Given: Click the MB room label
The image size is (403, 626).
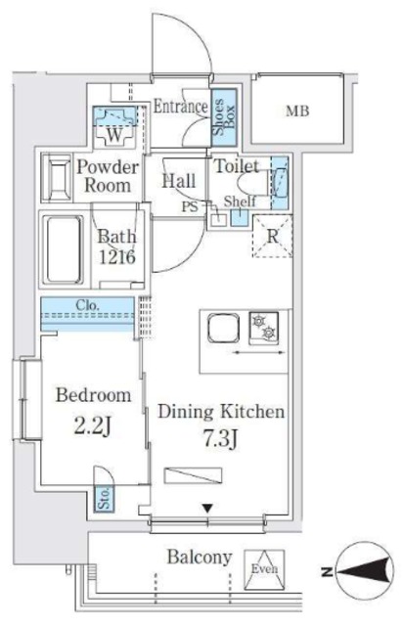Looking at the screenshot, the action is [297, 112].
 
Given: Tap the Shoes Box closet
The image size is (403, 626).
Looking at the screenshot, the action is [224, 117].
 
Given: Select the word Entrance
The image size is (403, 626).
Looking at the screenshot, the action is [181, 107].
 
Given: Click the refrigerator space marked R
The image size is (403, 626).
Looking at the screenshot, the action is [272, 236].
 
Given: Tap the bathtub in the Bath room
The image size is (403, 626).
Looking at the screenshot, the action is [64, 249].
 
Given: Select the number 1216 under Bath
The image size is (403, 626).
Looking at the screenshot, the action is [117, 257].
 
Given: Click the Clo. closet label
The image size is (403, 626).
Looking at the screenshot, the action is [87, 306].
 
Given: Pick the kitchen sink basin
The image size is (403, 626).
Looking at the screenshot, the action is [223, 329].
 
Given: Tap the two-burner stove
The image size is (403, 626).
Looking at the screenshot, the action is [264, 328].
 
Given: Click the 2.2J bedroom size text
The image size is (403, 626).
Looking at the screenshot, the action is [92, 426].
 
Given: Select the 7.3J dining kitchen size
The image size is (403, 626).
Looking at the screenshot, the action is [221, 439].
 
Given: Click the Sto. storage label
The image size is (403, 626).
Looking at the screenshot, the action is [104, 498].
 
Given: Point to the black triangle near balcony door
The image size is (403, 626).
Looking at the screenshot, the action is [207, 509].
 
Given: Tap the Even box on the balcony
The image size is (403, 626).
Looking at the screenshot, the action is [264, 569].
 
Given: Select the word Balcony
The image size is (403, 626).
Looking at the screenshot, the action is [200, 557].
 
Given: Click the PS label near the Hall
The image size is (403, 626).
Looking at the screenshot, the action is [190, 207].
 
